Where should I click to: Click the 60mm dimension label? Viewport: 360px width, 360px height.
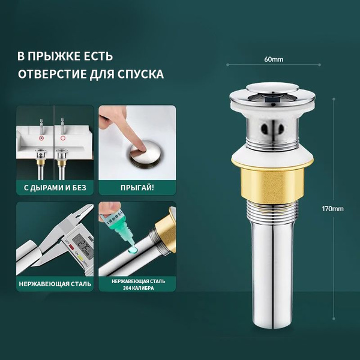274,59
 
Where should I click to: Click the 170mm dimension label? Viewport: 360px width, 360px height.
332,209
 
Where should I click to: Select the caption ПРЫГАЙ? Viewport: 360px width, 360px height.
137,188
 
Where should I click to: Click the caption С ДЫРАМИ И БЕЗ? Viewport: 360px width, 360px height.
55,188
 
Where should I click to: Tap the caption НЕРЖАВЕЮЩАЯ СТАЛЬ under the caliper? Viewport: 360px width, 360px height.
55,284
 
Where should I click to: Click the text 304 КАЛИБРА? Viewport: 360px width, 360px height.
138,288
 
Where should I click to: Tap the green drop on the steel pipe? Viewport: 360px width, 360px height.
133,250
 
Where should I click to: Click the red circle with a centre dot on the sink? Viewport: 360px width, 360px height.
41,138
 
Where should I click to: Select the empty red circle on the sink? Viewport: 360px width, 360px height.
62,138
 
